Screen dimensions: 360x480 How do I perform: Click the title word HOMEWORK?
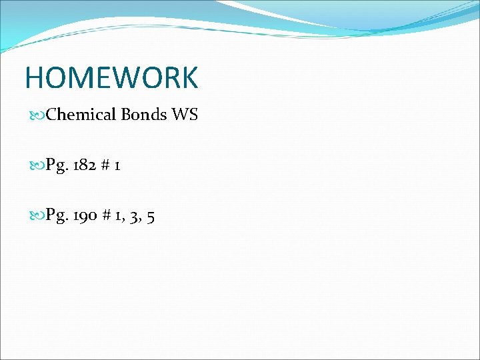111,77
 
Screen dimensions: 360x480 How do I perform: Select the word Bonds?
144,115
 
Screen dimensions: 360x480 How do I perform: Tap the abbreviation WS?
185,115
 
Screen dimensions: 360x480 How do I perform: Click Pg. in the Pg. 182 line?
57,165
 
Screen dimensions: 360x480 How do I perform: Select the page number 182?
85,165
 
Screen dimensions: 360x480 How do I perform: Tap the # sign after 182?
105,165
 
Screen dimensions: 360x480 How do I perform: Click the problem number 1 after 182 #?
117,165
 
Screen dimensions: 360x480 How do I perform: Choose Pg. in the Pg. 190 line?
57,215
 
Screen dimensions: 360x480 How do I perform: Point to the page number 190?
85,215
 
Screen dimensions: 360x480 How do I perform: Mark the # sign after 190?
106,215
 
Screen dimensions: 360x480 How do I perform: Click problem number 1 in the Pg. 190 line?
118,215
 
